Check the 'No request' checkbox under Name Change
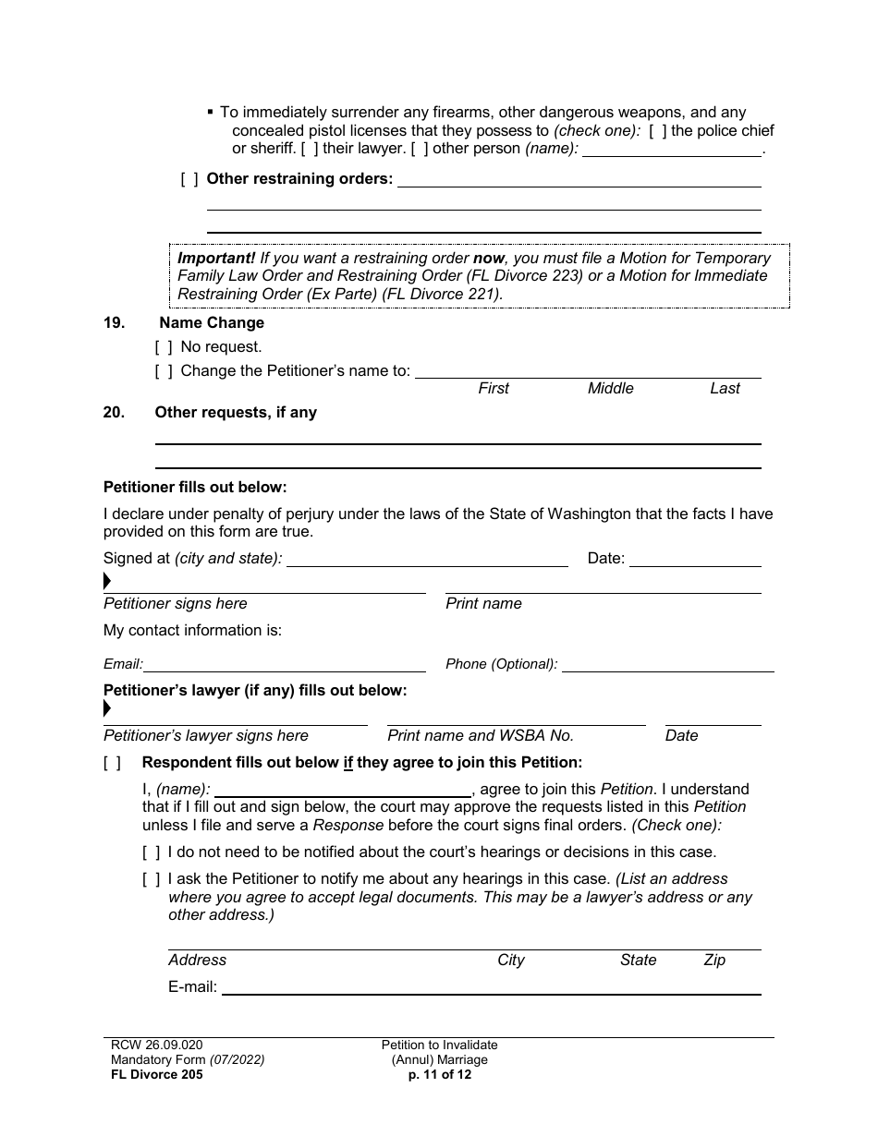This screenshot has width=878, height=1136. pos(164,347)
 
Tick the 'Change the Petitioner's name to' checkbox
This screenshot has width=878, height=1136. pos(164,371)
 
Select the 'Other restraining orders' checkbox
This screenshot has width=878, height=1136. pos(189,179)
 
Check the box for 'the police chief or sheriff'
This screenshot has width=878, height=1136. pos(657,131)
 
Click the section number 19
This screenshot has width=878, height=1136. pos(114,322)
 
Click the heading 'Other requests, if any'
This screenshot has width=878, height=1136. pos(236,413)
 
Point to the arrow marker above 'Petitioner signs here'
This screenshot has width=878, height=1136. pos(107,582)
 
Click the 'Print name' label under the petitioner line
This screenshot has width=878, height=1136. pos(483,604)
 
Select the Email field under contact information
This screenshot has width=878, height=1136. pos(285,664)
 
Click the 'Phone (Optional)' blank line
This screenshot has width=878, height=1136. pos(667,664)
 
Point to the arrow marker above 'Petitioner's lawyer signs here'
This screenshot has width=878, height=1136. pos(107,709)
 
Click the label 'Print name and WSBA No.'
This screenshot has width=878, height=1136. pos(481,736)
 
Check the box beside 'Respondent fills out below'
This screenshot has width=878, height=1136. pos(112,763)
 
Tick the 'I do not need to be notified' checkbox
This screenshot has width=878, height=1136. pos(152,852)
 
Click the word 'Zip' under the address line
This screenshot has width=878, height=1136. pos(714,961)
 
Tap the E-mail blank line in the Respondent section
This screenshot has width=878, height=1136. pos(491,987)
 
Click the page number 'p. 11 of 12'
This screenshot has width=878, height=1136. pos(439,1074)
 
